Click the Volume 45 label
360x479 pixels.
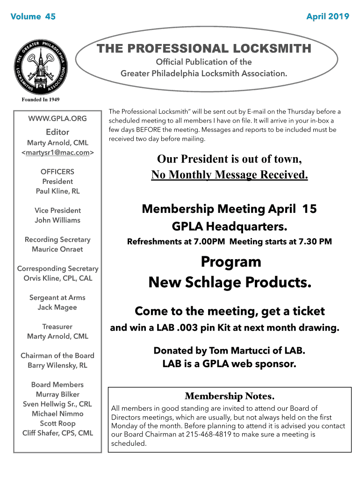point(33,17)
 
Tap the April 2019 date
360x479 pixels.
point(327,17)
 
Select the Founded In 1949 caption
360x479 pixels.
point(41,100)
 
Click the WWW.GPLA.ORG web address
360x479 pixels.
point(58,119)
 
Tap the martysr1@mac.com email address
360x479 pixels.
point(58,152)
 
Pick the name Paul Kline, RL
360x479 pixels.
point(58,191)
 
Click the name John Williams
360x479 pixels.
point(58,220)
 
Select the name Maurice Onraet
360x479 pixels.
point(58,249)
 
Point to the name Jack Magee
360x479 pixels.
point(58,307)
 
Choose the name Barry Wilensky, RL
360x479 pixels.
point(58,365)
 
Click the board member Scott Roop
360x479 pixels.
point(58,423)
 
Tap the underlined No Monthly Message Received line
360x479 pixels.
point(229,175)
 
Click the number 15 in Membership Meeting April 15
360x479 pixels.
point(310,209)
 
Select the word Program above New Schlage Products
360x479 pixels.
point(230,261)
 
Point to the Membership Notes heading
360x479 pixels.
point(229,397)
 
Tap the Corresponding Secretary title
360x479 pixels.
point(58,269)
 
